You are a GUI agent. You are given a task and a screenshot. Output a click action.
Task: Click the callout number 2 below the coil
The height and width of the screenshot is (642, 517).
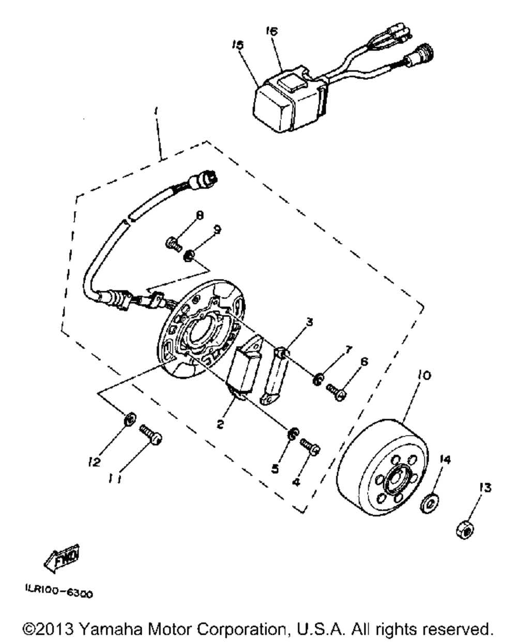tap(221, 424)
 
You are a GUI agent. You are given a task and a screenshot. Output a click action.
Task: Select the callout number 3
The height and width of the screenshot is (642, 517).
tap(309, 323)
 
